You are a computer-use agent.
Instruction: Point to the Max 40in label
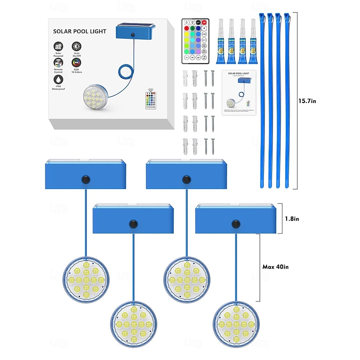[275, 267]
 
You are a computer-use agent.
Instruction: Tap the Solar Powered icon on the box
[58, 46]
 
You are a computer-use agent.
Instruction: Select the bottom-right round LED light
[235, 324]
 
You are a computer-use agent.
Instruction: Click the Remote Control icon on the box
[58, 63]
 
